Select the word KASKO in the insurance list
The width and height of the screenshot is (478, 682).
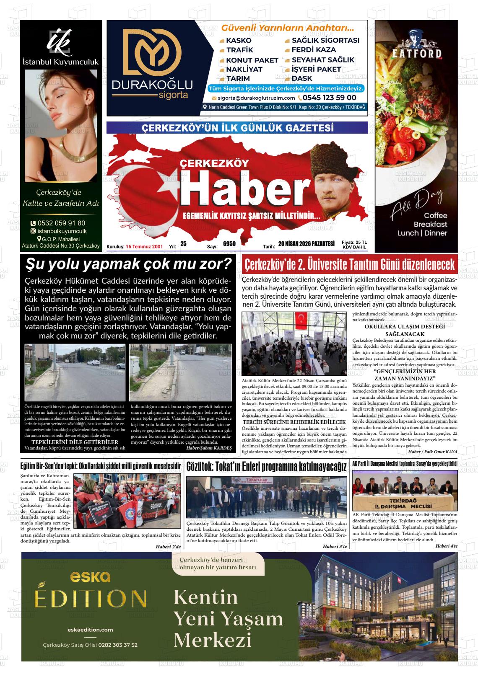pos(238,41)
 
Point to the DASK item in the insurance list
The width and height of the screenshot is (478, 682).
pos(301,78)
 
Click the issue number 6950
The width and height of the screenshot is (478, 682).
pos(229,243)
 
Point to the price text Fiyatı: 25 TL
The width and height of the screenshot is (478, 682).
pos(354,242)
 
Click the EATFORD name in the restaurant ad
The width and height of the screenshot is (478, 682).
pos(416,53)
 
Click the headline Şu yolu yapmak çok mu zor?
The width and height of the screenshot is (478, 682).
pos(128,264)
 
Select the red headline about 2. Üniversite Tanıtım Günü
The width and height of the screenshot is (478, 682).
pos(350,265)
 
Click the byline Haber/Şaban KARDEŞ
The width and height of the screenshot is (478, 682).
pos(209,448)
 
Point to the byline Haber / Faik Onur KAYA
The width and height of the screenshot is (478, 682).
pos(432,452)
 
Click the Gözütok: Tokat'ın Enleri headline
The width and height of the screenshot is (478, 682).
pos(267,467)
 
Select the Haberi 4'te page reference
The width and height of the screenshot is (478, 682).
pos(446,545)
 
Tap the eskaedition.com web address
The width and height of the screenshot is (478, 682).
pos(90,630)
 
